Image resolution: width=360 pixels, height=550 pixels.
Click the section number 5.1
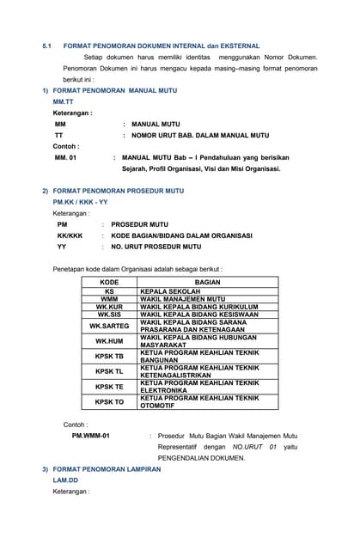pos(48,46)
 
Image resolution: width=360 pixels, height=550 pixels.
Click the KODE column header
pos(109,282)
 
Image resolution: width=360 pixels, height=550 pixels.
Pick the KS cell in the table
pos(109,291)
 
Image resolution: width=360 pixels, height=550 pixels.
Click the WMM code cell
pos(109,299)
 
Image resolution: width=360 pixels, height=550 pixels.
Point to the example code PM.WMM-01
pos(90,436)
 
